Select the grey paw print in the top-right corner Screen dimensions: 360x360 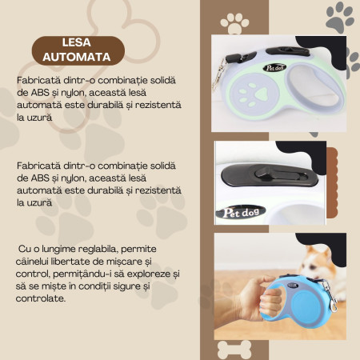(340, 16)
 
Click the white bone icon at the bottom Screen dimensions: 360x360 (234, 349)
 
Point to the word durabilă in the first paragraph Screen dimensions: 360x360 (141, 106)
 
